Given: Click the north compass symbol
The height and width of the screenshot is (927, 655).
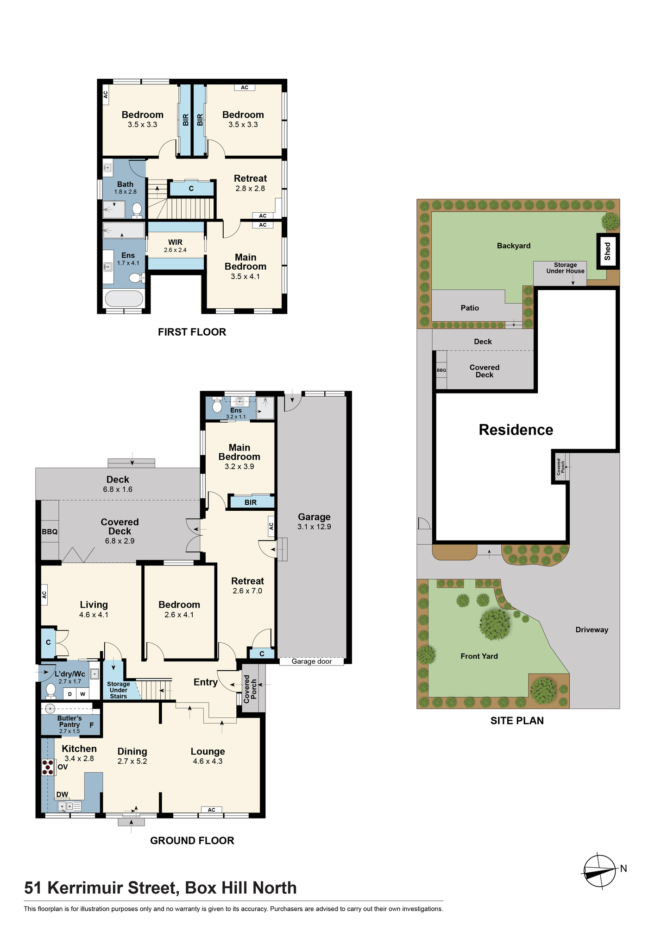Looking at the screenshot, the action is click(x=600, y=871).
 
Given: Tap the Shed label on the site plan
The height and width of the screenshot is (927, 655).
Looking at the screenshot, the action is click(x=607, y=251).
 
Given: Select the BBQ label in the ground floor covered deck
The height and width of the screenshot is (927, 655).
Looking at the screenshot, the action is click(x=50, y=532).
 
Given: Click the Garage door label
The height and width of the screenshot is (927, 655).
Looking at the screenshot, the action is click(x=312, y=661).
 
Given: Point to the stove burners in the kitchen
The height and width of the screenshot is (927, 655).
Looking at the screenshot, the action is click(x=48, y=767).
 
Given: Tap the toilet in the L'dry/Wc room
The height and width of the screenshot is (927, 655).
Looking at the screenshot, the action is click(x=51, y=691).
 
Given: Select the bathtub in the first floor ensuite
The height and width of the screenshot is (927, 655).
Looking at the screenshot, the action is click(x=124, y=298).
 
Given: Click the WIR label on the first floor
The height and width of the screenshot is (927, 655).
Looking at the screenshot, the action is click(x=175, y=242).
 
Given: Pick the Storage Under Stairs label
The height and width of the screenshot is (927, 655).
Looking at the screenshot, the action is click(x=119, y=690).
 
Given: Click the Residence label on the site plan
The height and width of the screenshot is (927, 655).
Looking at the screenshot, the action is click(x=516, y=430).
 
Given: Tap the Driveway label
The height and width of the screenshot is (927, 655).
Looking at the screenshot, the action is click(x=592, y=629).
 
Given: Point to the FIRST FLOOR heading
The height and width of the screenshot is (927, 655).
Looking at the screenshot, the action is click(x=192, y=332).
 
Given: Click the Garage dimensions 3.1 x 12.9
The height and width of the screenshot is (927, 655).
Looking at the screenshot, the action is click(x=314, y=527).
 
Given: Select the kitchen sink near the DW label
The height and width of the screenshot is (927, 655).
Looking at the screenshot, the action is click(x=69, y=806).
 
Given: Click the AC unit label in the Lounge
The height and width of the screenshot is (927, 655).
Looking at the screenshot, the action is click(x=211, y=810).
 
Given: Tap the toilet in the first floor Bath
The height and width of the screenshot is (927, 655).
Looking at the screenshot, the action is click(x=137, y=210).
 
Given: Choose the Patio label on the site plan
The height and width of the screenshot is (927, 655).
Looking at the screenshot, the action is click(x=470, y=308).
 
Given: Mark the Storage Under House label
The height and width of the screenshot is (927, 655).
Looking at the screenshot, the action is click(x=565, y=268).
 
